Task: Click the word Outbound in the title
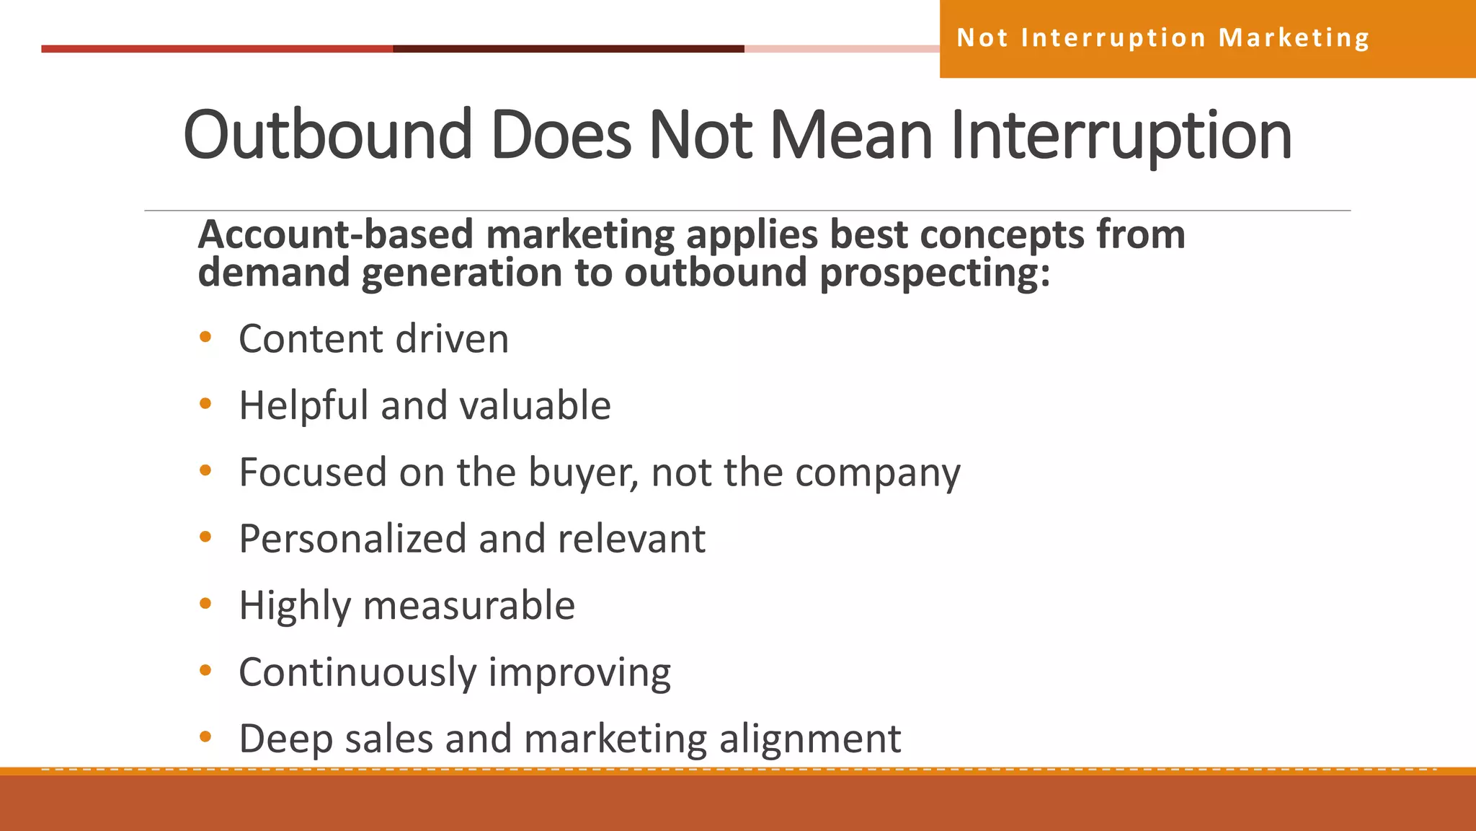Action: [328, 135]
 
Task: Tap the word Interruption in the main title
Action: [1121, 135]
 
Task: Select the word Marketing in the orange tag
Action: [1294, 38]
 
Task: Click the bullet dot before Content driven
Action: [205, 337]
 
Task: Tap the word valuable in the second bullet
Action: [535, 405]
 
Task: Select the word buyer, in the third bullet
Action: [584, 473]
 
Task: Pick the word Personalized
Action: [352, 539]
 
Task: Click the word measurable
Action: [469, 605]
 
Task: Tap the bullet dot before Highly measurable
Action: [205, 604]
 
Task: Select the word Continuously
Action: [357, 672]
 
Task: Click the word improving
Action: [579, 672]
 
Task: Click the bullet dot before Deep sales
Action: [205, 737]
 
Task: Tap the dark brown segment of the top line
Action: [568, 49]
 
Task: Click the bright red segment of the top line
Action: [216, 49]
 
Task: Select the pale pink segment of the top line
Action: [841, 49]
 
